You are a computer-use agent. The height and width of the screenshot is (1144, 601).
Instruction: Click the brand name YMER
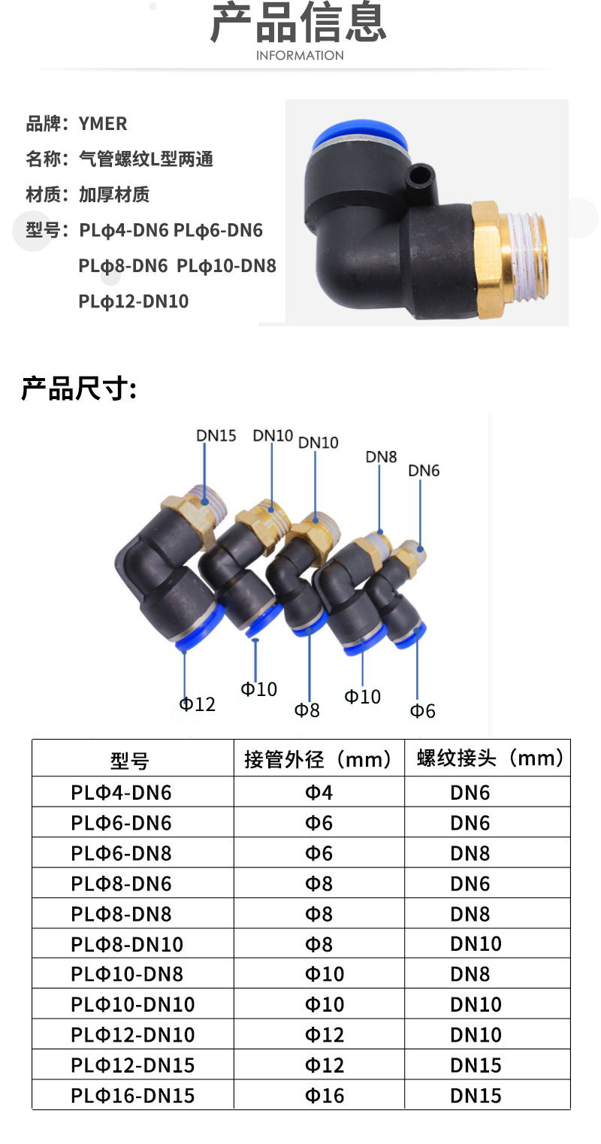[103, 123]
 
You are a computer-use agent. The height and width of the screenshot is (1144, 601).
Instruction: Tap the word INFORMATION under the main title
[300, 56]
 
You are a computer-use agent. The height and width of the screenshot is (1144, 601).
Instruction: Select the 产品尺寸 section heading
[78, 389]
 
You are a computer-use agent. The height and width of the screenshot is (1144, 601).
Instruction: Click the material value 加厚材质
[114, 195]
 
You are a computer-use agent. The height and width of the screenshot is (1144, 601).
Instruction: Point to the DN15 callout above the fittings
[216, 435]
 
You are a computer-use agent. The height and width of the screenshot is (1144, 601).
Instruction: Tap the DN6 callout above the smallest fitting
[424, 471]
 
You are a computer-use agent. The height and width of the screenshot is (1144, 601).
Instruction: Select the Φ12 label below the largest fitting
[197, 704]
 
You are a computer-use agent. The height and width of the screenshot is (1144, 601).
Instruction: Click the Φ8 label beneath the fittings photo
[307, 710]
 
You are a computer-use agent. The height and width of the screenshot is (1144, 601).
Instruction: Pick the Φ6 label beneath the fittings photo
[422, 710]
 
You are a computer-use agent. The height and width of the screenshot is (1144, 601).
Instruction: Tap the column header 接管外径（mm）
[319, 759]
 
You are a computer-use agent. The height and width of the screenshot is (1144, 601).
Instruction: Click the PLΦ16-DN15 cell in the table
[133, 1095]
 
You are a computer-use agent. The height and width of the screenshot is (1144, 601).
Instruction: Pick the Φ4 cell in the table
[319, 792]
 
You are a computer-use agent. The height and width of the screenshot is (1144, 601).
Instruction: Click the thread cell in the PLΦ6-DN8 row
[470, 853]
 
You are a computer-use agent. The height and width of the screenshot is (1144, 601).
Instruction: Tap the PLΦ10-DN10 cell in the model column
[133, 1004]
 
